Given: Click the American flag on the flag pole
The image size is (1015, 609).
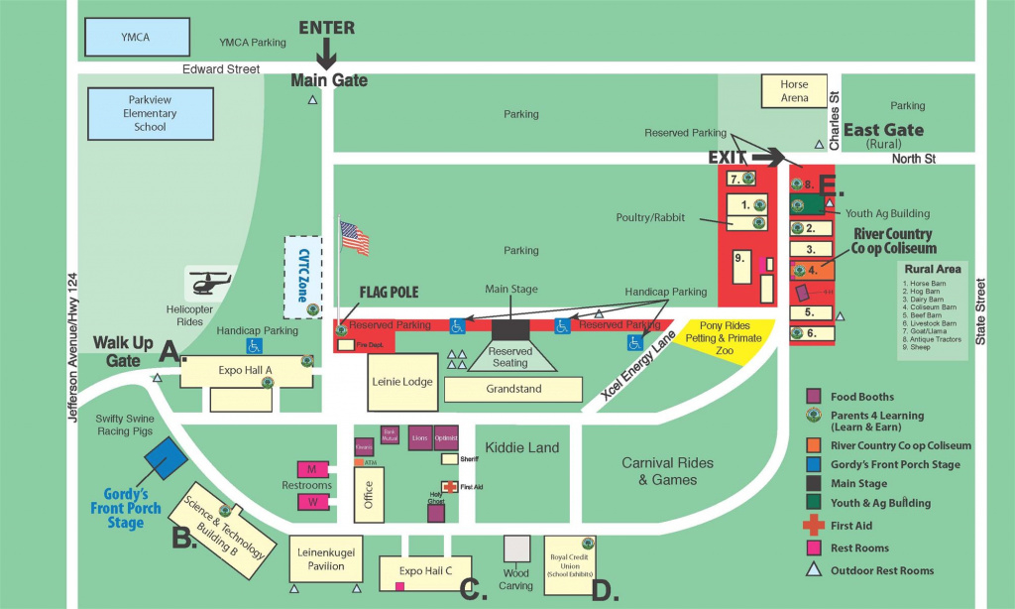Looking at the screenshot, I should click(354, 238).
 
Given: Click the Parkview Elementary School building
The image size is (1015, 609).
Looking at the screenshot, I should click(150, 113).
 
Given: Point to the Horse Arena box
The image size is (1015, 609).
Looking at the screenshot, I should click(793, 91).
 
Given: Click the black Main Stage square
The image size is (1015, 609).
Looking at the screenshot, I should click(511, 330).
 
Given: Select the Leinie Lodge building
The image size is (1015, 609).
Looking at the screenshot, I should click(401, 381).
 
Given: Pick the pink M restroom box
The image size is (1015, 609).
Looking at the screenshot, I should click(312, 468).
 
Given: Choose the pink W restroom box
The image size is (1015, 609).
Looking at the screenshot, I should click(312, 503).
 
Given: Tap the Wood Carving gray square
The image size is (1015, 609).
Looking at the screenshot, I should click(516, 549).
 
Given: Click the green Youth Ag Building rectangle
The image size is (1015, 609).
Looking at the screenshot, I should click(810, 205).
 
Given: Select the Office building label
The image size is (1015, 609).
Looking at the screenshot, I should click(367, 496).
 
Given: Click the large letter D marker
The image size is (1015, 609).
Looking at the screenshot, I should click(605, 590).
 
